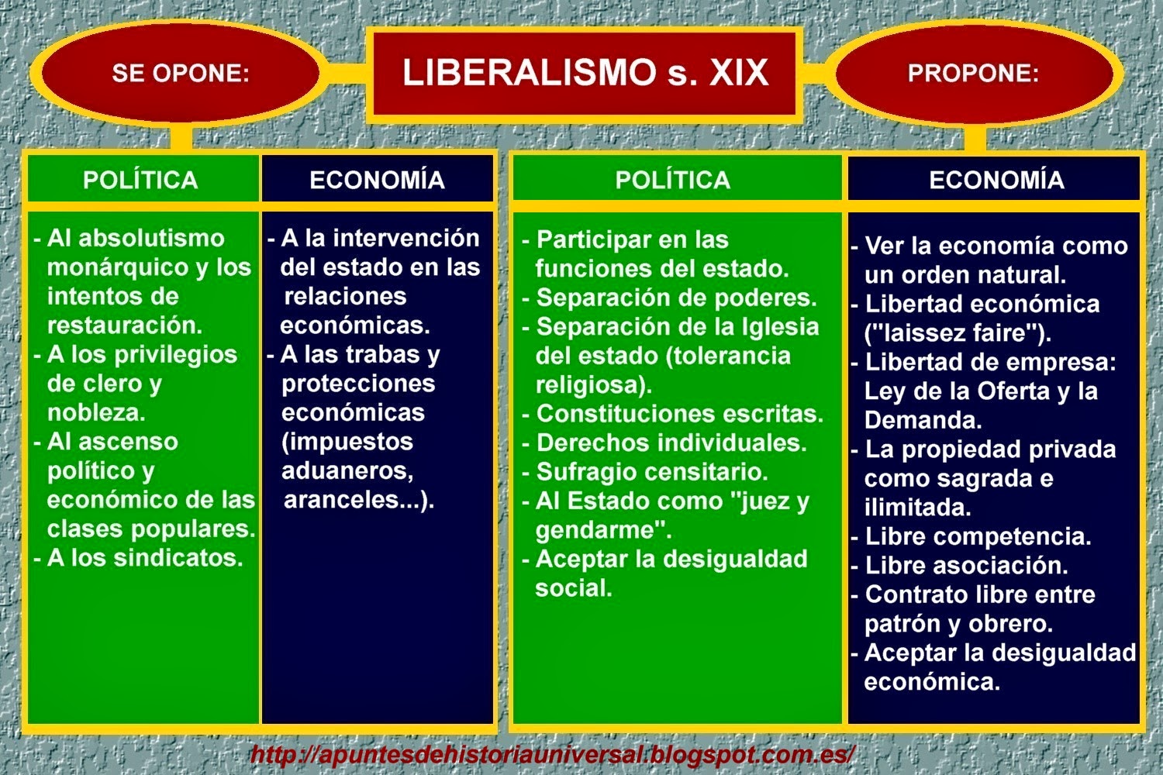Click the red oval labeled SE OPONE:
(180, 73)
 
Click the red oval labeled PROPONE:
(973, 73)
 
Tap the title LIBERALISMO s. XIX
(585, 73)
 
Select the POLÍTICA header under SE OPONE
(140, 180)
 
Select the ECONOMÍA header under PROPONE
(996, 180)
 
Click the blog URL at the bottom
(552, 753)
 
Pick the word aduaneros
(347, 470)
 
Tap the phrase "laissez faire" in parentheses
(957, 333)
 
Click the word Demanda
(923, 420)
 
